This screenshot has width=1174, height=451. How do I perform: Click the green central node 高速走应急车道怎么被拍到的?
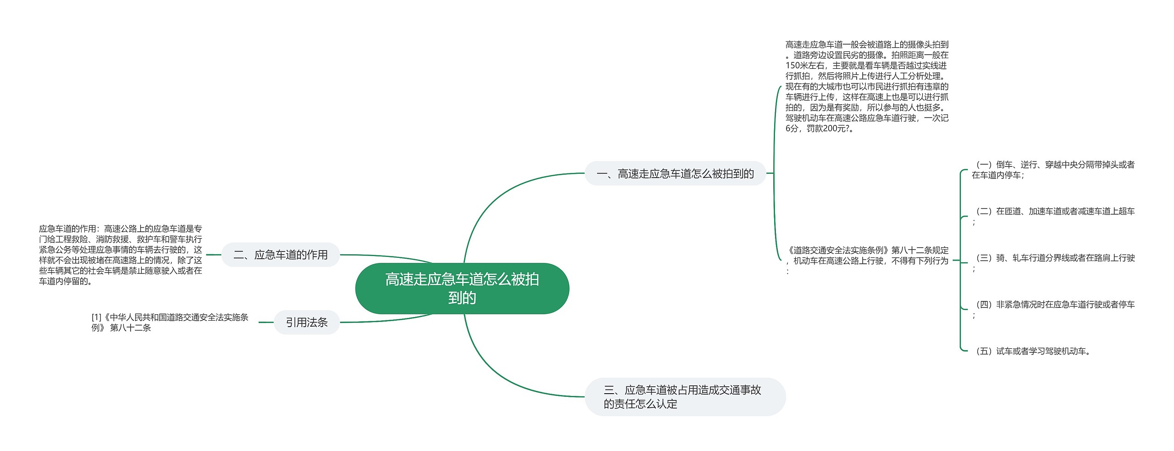462,288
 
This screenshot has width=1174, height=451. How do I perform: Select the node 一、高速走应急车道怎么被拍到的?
675,173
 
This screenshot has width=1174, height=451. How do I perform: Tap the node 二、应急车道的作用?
281,255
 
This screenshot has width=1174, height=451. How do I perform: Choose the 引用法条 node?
306,322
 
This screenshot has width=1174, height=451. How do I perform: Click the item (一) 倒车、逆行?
1052,169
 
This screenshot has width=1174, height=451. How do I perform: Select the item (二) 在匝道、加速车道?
1052,212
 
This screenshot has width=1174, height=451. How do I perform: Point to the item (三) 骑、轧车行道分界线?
1052,258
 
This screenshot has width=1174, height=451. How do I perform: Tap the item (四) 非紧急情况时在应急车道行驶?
1052,305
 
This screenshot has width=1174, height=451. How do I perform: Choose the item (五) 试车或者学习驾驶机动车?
1032,351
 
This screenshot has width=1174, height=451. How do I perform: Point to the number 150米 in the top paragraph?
797,66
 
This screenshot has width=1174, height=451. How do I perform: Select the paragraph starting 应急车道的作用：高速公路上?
120,255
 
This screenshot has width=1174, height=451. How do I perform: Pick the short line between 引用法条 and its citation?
266,322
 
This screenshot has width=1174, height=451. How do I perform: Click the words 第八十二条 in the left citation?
130,328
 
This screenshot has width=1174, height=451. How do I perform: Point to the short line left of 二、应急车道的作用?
213,255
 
